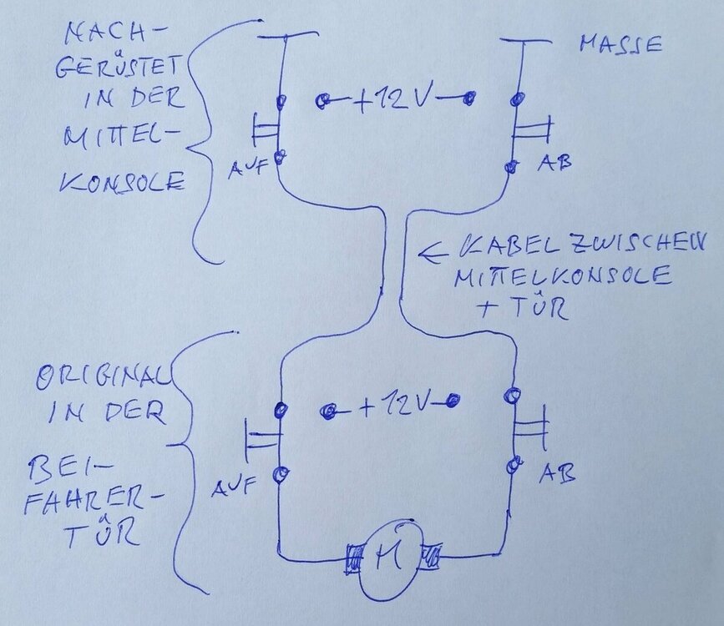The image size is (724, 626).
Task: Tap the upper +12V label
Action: [394, 100]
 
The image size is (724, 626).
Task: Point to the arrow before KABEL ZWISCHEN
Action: [435, 248]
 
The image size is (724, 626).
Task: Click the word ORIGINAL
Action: [103, 381]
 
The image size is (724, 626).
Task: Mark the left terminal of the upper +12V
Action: [322, 102]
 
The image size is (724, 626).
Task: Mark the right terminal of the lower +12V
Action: [453, 401]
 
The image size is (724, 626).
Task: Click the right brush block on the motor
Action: [433, 553]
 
